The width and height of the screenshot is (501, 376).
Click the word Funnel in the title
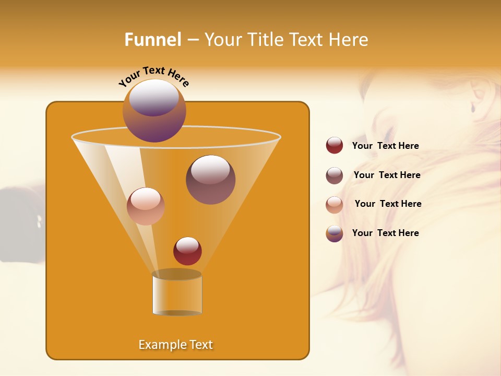click(x=152, y=40)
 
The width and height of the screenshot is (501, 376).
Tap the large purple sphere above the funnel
click(x=154, y=111)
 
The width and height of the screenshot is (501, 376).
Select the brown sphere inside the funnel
click(x=210, y=180)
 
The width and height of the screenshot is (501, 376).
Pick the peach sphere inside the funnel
click(x=146, y=206)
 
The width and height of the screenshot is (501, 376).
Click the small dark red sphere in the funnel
click(x=187, y=251)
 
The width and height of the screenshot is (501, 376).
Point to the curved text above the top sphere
click(x=153, y=76)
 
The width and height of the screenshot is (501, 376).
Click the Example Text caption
click(x=175, y=345)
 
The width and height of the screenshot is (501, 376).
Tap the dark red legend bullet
click(x=335, y=146)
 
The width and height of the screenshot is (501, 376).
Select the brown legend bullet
click(x=335, y=175)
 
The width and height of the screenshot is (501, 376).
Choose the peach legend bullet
click(x=335, y=205)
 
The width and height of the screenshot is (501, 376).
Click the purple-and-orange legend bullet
click(x=335, y=233)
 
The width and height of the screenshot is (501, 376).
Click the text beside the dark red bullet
click(x=385, y=146)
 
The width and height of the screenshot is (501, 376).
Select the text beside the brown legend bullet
click(x=387, y=175)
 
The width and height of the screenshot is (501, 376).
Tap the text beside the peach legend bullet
click(x=388, y=204)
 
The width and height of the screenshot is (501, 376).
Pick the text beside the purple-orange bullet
click(x=385, y=233)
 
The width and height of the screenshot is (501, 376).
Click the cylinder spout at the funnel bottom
click(x=177, y=293)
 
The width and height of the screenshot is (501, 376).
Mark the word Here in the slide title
click(x=348, y=40)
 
